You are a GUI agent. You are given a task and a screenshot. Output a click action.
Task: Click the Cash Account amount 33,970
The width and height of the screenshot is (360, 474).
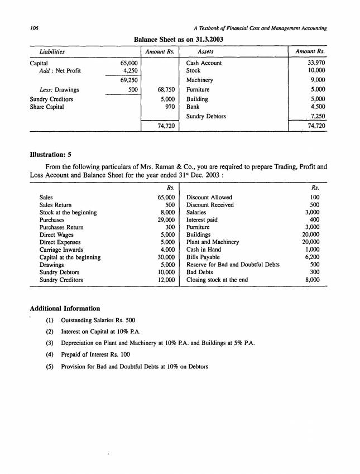(x=316, y=63)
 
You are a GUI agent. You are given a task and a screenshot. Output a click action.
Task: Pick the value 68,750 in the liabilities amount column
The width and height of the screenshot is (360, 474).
(x=166, y=89)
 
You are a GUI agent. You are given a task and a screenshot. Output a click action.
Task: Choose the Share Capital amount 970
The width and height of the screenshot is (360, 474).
(x=171, y=107)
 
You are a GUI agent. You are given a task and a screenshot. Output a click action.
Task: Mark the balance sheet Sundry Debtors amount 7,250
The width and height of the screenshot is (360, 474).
(x=316, y=116)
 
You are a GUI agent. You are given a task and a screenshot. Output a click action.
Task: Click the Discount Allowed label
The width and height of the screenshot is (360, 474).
(x=209, y=198)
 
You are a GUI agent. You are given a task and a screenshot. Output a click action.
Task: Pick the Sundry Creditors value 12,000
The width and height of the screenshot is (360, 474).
(x=166, y=280)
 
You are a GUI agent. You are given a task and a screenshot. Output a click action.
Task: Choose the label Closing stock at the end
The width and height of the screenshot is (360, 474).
(x=217, y=280)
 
